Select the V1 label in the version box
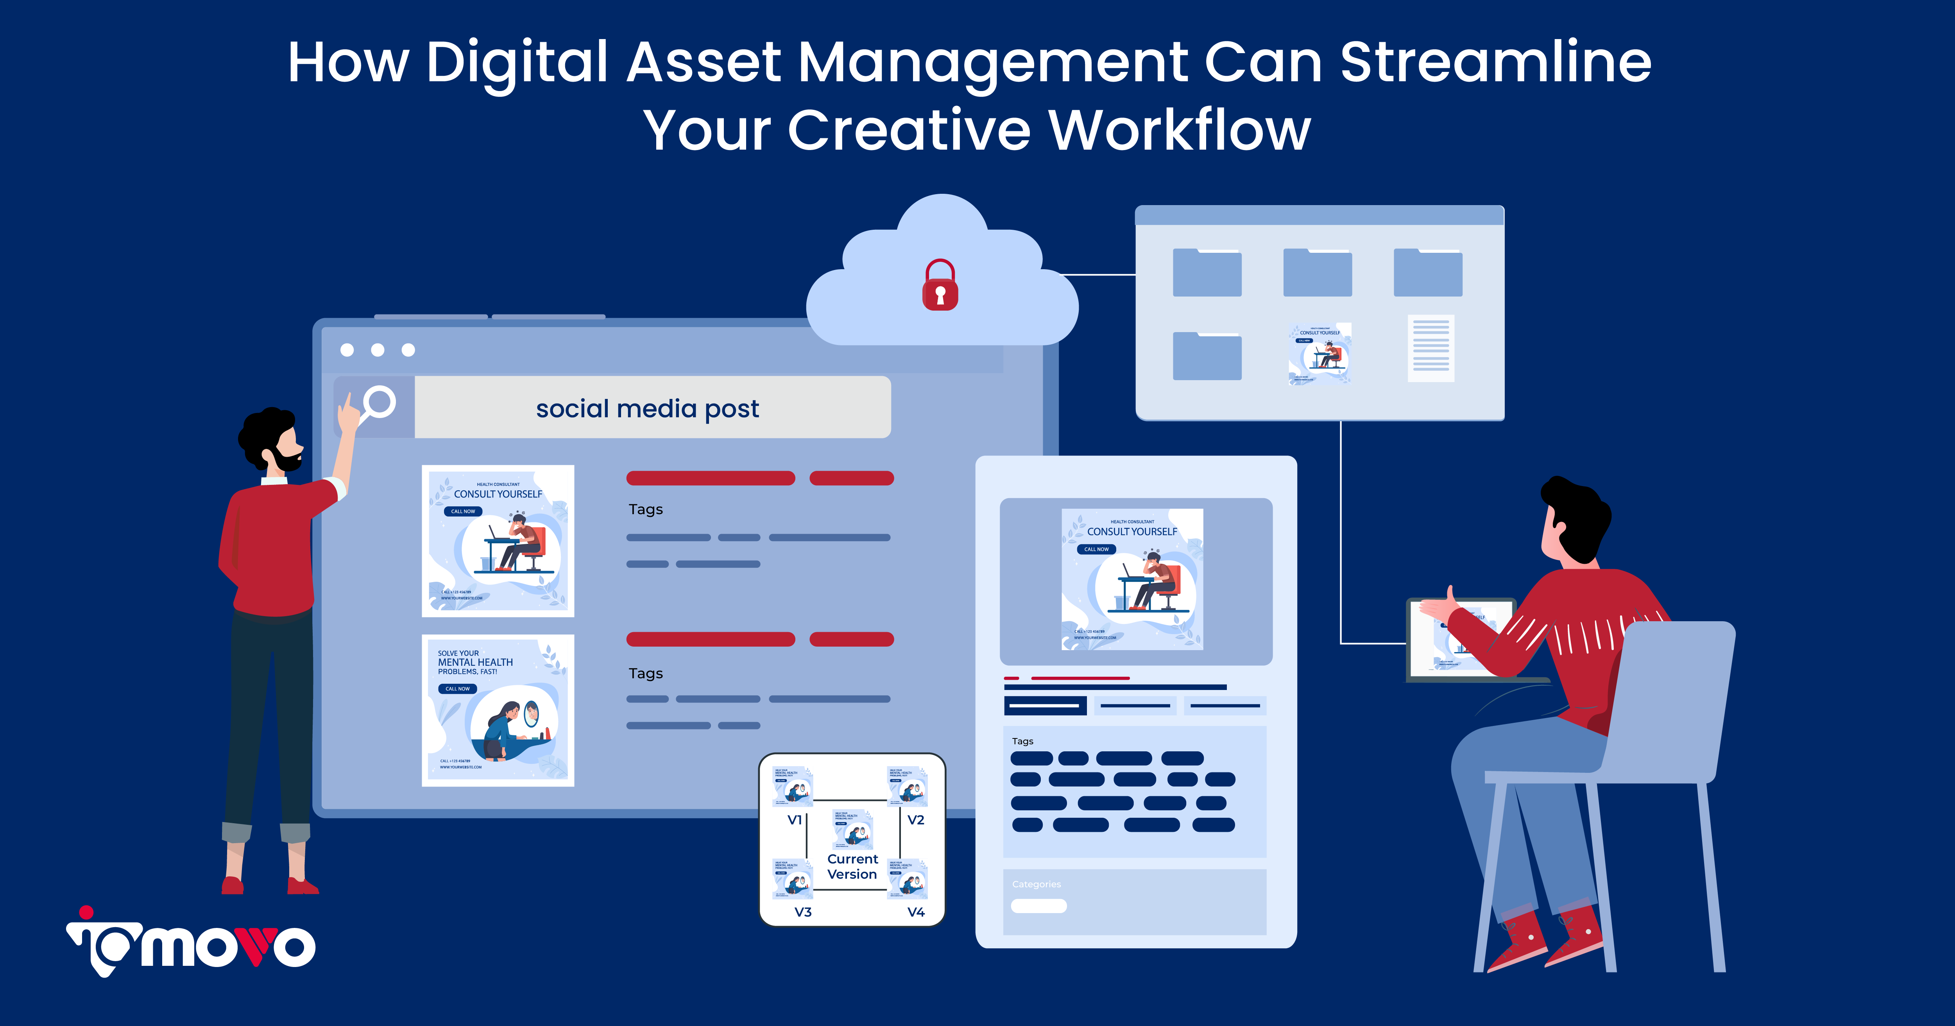point(795,820)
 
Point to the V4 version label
point(916,912)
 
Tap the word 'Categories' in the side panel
point(1036,884)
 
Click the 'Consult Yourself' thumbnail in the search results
point(498,540)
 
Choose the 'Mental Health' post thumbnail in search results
point(498,710)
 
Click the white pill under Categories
point(1039,905)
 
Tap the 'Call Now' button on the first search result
point(463,511)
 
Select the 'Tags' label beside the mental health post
point(646,673)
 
